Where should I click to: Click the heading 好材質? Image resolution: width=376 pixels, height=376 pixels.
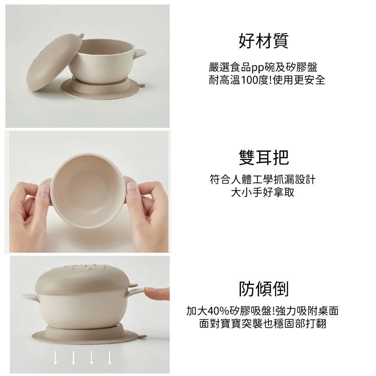[x=263, y=41]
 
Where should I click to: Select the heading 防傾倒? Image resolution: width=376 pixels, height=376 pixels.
[x=264, y=289]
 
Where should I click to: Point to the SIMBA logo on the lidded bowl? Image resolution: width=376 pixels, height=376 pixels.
[x=80, y=303]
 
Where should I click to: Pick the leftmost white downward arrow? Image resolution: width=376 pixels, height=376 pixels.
[x=55, y=358]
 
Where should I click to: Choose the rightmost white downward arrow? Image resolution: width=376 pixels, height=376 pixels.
[x=109, y=358]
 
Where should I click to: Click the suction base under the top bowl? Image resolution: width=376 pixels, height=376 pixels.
[x=100, y=89]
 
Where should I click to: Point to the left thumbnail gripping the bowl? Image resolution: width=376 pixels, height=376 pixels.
[x=44, y=191]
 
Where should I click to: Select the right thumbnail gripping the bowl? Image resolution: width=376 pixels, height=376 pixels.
[x=131, y=189]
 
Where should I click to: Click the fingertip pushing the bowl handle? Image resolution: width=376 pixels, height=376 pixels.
[x=156, y=294]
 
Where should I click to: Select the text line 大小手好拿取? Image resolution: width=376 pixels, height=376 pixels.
[x=263, y=192]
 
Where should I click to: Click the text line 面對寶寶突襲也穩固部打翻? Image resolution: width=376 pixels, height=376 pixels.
[x=263, y=323]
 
